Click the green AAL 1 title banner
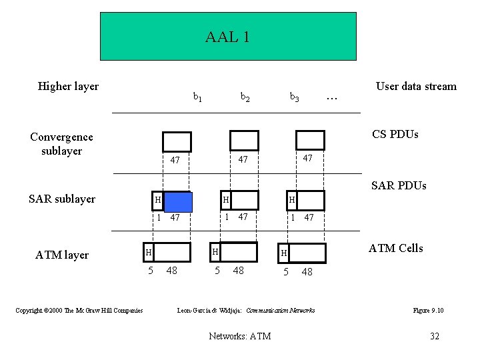pos(228,37)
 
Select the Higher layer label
pos(68,86)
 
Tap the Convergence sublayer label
pos(61,143)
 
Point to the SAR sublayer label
pos(62,199)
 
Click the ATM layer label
pos(63,254)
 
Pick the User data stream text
pos(416,86)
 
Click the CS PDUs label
pos(395,134)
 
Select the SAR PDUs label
pos(398,185)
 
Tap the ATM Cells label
pos(396,248)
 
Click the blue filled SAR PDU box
pos(178,201)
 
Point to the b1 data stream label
pos(197,97)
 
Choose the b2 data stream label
pos(245,97)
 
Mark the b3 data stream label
pos(294,97)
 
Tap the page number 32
pos(435,336)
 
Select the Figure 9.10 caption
pos(429,310)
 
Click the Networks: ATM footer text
pos(239,336)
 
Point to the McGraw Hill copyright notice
pos(79,310)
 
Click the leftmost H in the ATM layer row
pos(149,252)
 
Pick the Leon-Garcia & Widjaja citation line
pos(245,310)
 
